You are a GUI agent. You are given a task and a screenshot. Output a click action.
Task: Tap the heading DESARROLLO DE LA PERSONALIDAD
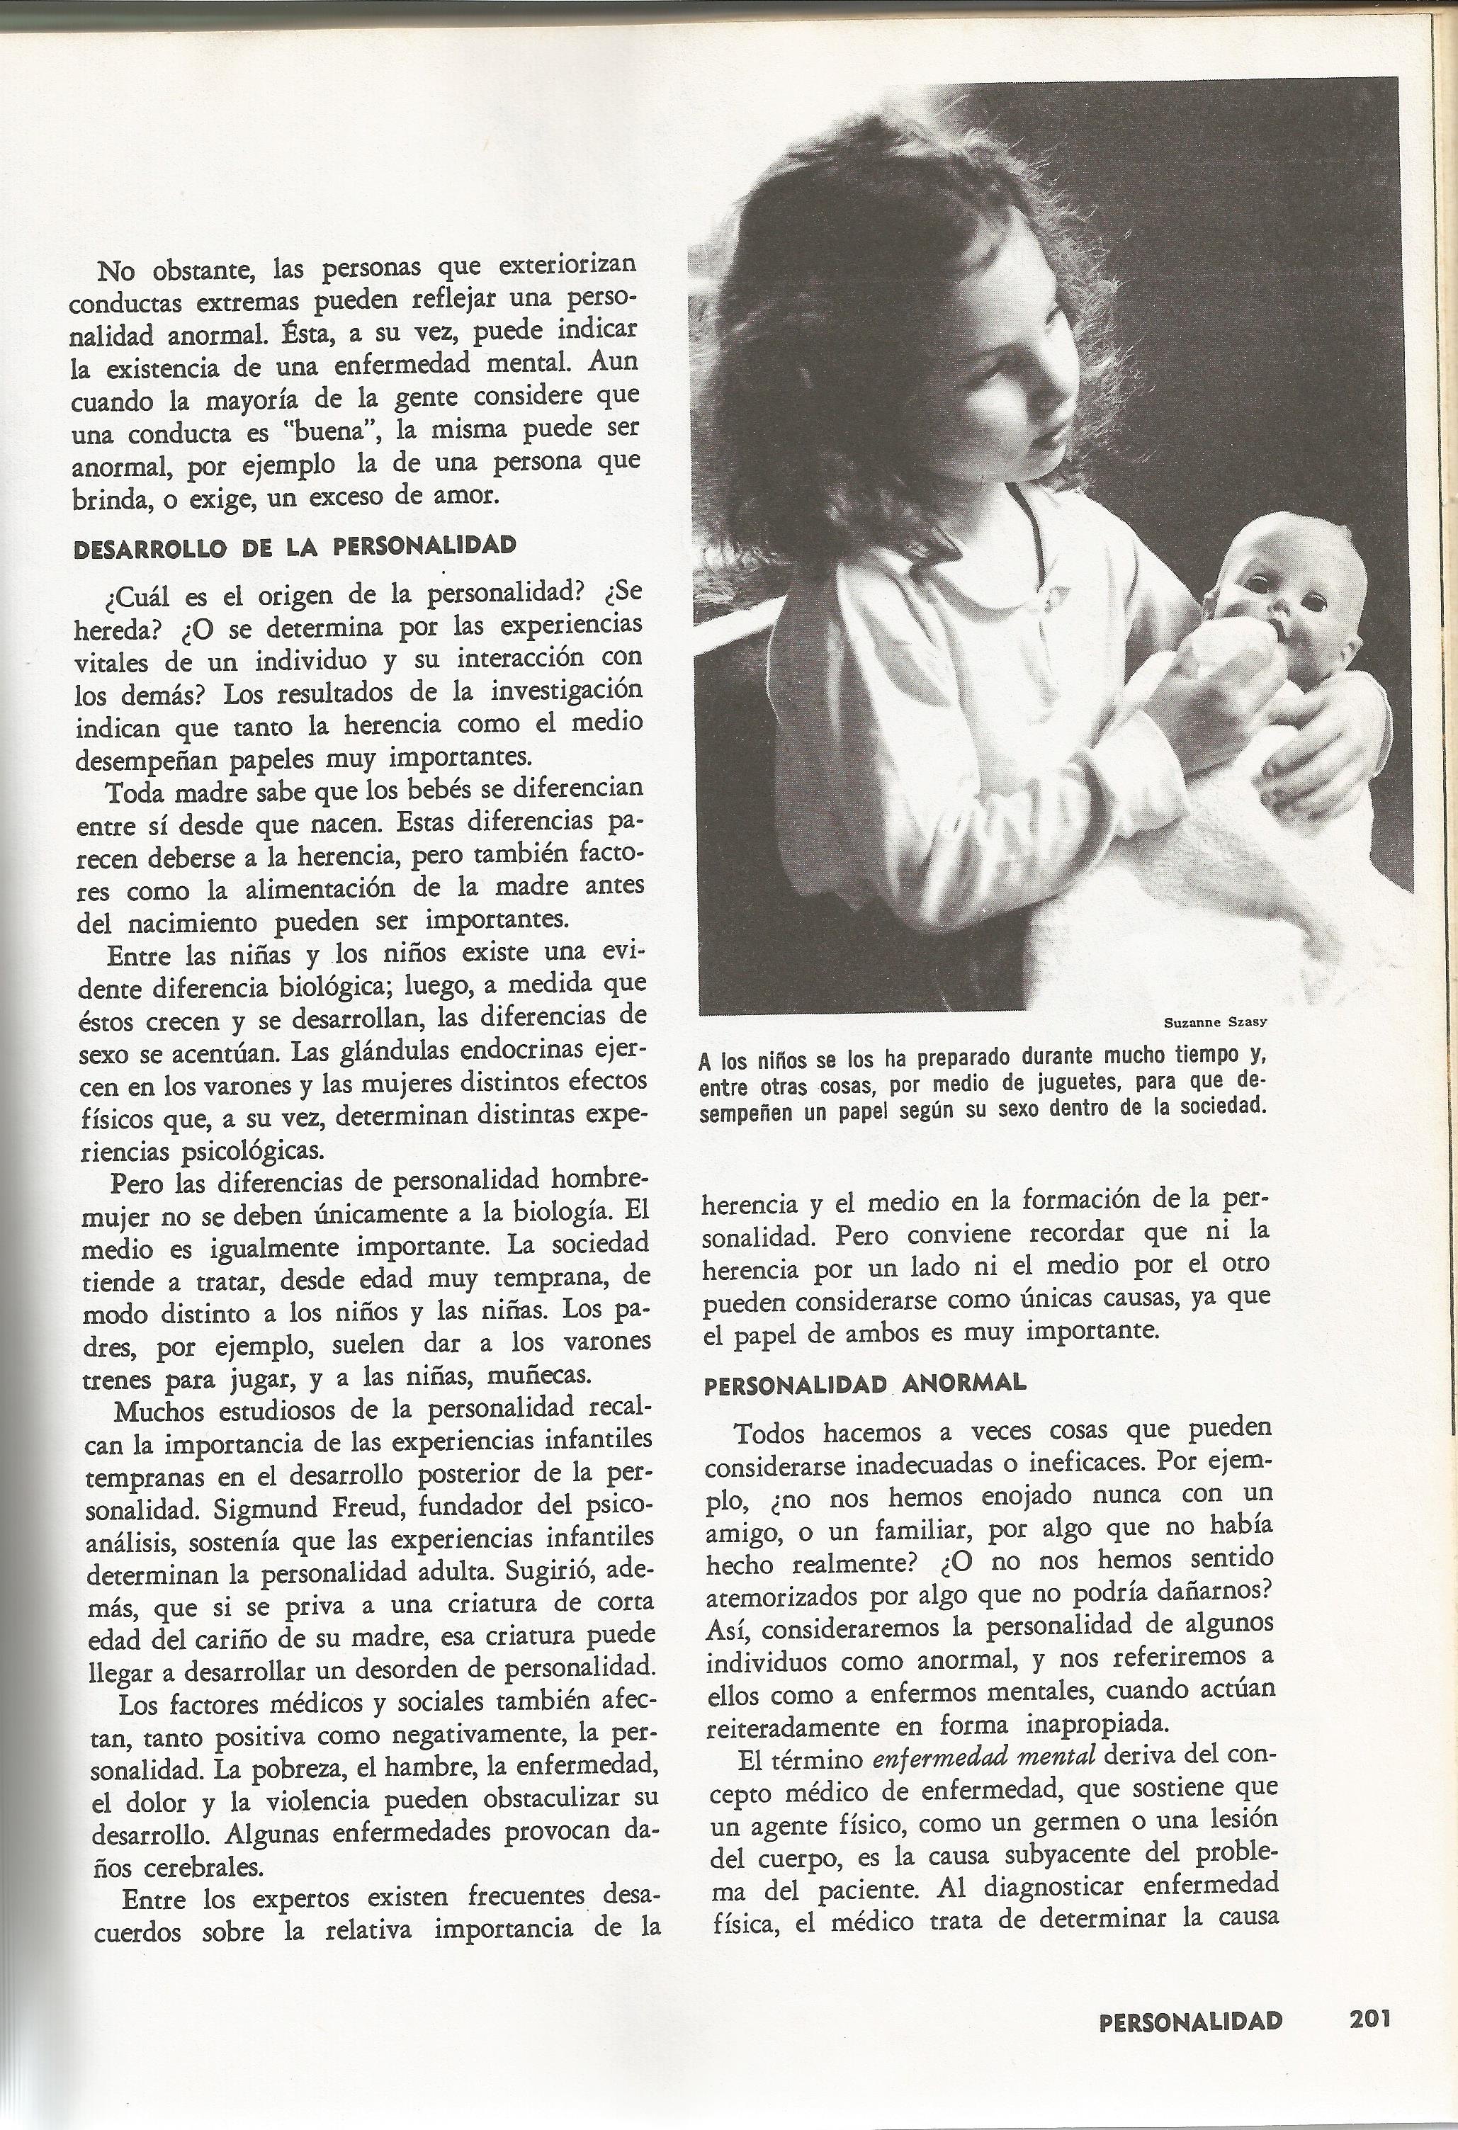pos(294,546)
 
